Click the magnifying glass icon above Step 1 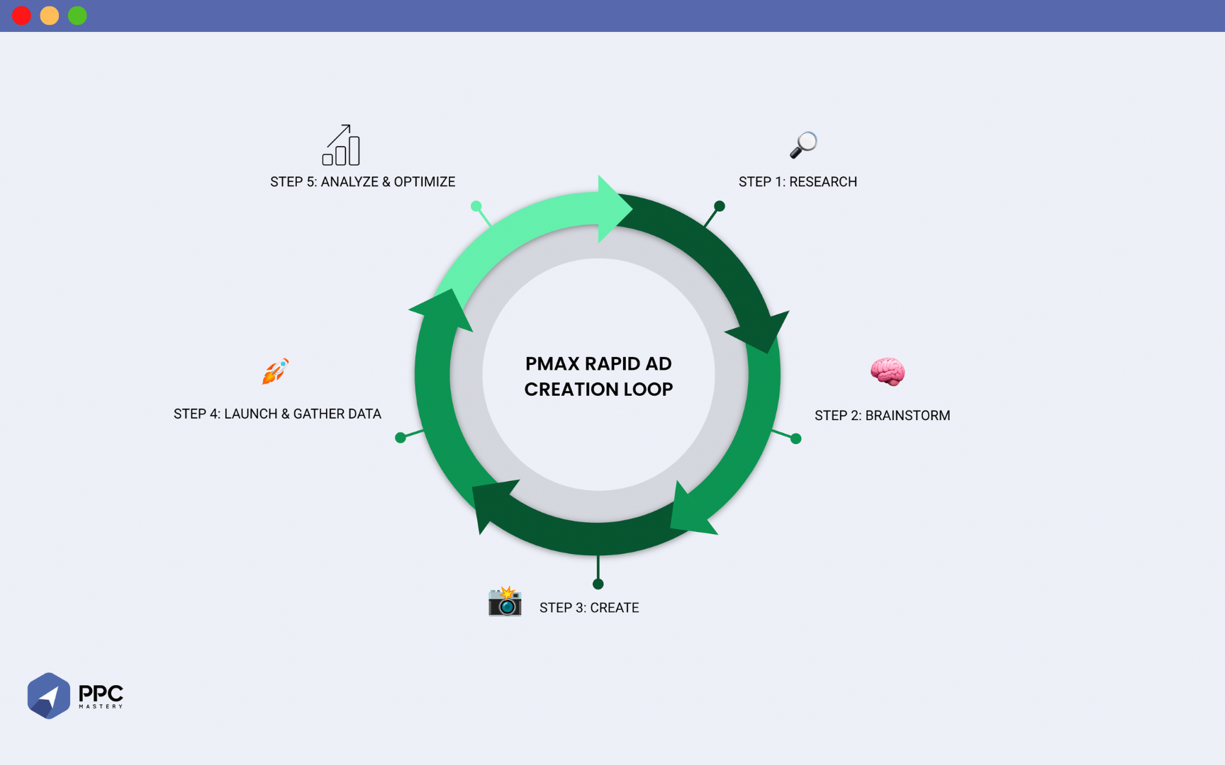803,144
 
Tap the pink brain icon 888,371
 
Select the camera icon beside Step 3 505,601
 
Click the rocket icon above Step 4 275,371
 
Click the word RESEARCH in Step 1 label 823,182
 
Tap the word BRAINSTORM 907,416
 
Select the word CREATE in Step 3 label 614,608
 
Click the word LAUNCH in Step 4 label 251,414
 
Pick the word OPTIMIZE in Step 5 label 424,182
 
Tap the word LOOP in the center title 648,390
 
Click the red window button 22,16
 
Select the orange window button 50,16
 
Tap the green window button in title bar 77,16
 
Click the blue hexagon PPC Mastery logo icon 48,696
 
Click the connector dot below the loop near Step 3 598,584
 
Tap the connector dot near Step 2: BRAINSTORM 796,439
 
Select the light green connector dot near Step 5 476,206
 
